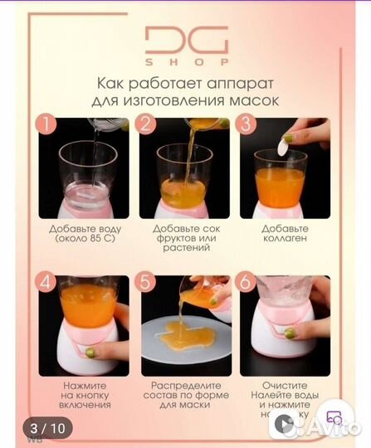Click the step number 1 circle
pos(48,124)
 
